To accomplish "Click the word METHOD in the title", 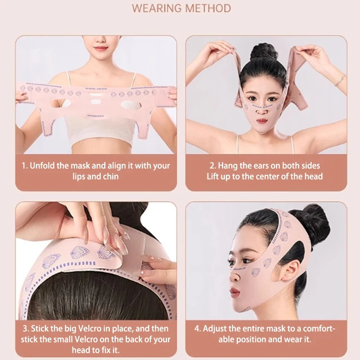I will pyautogui.click(x=208, y=8).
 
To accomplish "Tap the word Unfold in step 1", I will pyautogui.click(x=44, y=166).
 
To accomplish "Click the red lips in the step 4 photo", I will pyautogui.click(x=234, y=292).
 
